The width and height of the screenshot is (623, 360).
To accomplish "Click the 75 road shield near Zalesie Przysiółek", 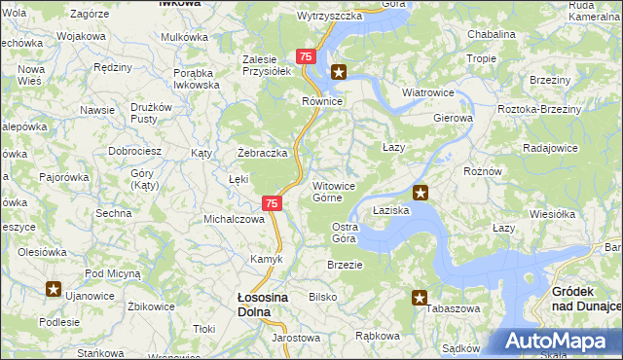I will [306, 57].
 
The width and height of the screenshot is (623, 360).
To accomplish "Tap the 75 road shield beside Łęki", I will [273, 203].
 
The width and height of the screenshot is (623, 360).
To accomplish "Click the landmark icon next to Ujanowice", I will [54, 289].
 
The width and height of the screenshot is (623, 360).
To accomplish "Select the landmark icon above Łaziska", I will [420, 193].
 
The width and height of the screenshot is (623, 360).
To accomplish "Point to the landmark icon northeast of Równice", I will [339, 71].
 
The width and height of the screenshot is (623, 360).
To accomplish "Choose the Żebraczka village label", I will [263, 153].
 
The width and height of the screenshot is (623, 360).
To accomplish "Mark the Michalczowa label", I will [234, 219].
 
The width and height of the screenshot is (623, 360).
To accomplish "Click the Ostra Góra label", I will [345, 232].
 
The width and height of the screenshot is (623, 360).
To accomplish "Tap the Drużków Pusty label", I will [151, 112].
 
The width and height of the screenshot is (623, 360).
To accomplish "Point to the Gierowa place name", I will [453, 118].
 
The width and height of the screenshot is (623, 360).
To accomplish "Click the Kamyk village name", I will [267, 259].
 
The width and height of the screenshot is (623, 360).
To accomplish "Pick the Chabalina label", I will [492, 33].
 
